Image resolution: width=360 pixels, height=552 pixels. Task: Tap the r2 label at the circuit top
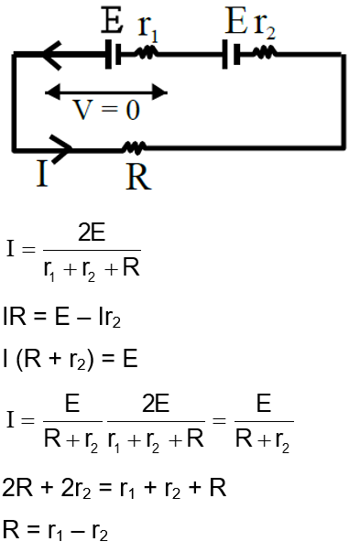click(x=265, y=27)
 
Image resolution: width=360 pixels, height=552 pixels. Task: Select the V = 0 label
click(x=106, y=111)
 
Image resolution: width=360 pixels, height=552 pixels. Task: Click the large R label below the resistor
click(x=137, y=177)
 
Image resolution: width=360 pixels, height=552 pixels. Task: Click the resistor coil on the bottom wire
click(x=135, y=147)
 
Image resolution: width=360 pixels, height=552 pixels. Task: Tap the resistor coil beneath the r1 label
click(x=146, y=55)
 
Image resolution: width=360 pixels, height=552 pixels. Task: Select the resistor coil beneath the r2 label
click(x=264, y=55)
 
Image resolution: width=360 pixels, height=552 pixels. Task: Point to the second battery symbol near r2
click(x=231, y=56)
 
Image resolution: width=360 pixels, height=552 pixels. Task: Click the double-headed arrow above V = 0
click(x=106, y=92)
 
